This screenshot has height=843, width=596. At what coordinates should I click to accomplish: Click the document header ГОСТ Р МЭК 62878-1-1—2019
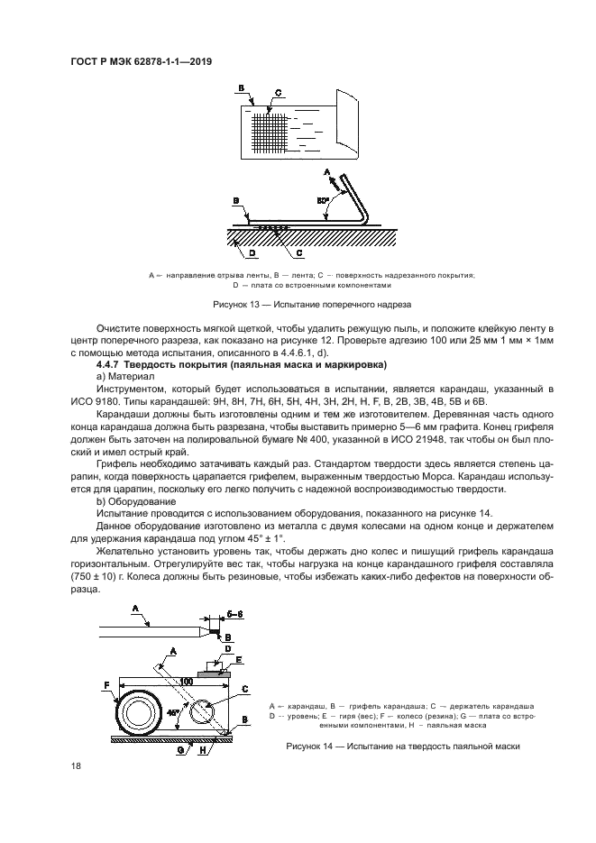tap(146, 62)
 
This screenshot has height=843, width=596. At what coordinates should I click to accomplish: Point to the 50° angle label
tap(322, 198)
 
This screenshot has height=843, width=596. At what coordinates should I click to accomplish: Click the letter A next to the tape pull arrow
tap(326, 171)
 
